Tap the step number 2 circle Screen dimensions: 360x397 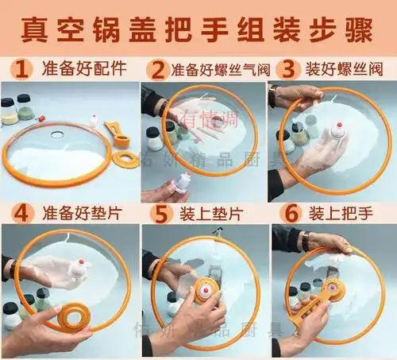pos(159,68)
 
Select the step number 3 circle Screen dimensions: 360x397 pos(289,68)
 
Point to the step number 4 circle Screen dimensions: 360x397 pos(22,213)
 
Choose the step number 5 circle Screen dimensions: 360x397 pos(164,213)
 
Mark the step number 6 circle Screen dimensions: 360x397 pos(291,213)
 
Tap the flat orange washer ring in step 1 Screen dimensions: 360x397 pos(125,158)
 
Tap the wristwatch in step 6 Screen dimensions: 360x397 pos(305,239)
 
